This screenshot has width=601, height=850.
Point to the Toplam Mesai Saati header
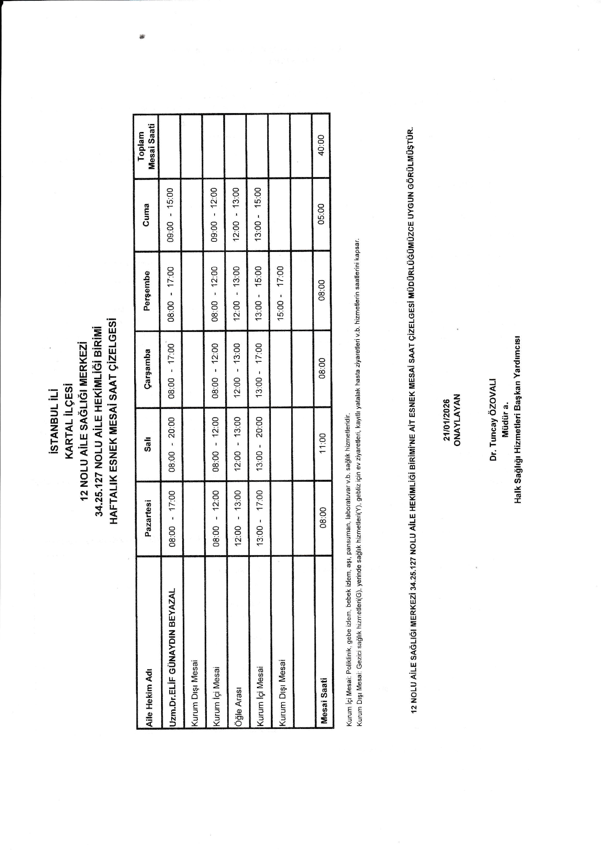click(146, 145)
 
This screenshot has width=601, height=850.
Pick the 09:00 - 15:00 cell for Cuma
click(171, 215)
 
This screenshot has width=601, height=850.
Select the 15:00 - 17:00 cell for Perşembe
click(280, 291)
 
